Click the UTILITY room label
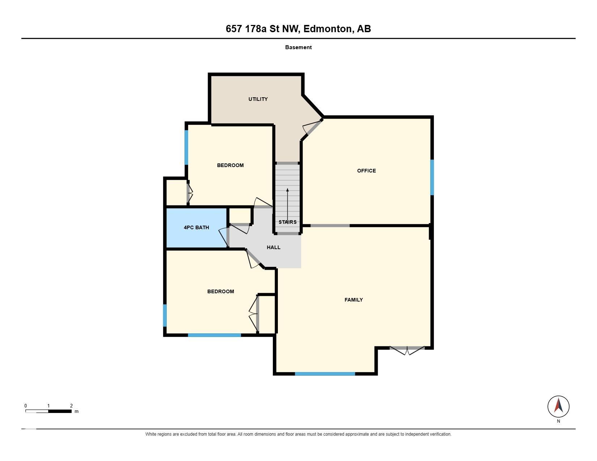click(258, 99)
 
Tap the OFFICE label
click(366, 171)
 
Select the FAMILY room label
click(353, 300)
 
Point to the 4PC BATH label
click(196, 228)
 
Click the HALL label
click(274, 247)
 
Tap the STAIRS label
click(287, 222)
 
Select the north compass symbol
click(558, 406)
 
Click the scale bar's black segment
click(60, 411)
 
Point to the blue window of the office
click(432, 178)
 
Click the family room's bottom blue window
click(325, 374)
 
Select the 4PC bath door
click(224, 237)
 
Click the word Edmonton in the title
click(327, 29)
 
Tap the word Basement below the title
click(298, 47)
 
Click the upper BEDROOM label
click(230, 165)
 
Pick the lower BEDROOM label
click(221, 291)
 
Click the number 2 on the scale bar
click(71, 406)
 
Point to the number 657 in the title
click(234, 29)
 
